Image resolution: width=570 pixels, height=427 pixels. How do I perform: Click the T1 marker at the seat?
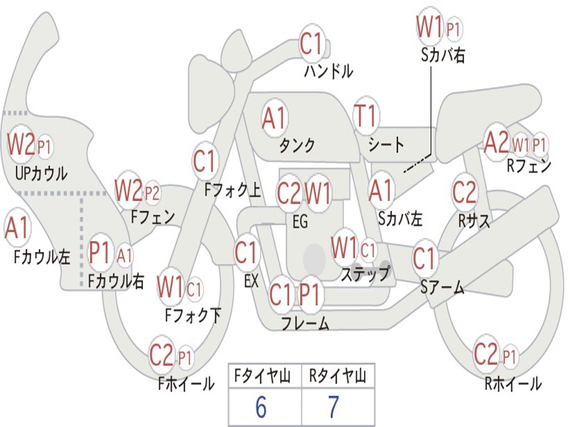366,117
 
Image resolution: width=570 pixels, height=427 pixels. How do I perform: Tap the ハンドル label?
328,71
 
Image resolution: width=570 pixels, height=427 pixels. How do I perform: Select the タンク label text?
297,146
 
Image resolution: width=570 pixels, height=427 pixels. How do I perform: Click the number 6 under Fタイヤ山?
261,408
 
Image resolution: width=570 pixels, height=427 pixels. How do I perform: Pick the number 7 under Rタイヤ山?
334,408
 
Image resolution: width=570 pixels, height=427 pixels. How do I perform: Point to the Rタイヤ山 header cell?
338,377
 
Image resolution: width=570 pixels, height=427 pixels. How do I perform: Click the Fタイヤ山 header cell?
265,377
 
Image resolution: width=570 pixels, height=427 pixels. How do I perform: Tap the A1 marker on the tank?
274,118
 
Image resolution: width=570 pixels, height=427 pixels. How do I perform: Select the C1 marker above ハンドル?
312,44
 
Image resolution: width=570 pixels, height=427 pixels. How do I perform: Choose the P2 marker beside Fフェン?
152,193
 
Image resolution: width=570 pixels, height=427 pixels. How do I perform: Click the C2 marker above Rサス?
464,192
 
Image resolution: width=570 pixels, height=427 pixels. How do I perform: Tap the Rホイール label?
513,384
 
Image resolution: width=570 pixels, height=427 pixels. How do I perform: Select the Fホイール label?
186,384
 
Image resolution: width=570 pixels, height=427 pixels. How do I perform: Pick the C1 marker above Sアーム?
424,259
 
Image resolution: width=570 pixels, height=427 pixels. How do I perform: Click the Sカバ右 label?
443,55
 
